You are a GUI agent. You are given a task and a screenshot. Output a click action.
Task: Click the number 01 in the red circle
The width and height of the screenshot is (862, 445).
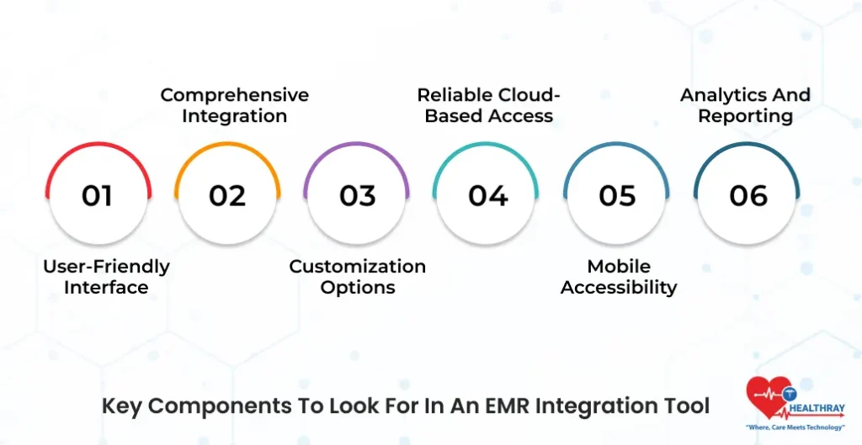[x=97, y=195]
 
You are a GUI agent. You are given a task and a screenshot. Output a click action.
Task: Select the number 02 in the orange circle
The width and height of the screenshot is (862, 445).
[x=227, y=195]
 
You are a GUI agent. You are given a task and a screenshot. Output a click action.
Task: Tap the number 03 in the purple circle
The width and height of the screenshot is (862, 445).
[x=357, y=195]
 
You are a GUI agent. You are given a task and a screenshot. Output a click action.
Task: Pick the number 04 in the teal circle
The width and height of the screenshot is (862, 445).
[x=487, y=195]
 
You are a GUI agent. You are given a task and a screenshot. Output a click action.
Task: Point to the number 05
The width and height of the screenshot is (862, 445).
[x=617, y=195]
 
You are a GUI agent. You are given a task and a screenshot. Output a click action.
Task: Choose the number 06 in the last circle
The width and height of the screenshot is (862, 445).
[x=748, y=195]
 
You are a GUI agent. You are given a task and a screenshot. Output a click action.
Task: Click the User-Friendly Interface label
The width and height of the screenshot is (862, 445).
[x=106, y=277]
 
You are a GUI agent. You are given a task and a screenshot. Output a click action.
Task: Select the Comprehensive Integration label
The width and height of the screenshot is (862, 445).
[x=235, y=105]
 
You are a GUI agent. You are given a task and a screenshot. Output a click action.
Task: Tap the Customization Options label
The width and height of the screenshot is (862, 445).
[x=358, y=277]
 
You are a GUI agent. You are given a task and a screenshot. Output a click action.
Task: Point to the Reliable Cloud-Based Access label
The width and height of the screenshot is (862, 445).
[x=489, y=105]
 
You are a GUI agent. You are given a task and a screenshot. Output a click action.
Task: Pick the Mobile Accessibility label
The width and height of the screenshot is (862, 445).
[x=619, y=277]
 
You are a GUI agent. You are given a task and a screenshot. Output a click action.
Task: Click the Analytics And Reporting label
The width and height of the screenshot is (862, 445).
[x=745, y=105]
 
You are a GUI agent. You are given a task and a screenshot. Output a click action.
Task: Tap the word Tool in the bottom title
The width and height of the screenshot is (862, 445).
[x=689, y=406]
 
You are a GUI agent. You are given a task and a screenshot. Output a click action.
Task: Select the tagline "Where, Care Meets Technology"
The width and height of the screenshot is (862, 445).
[x=795, y=427]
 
